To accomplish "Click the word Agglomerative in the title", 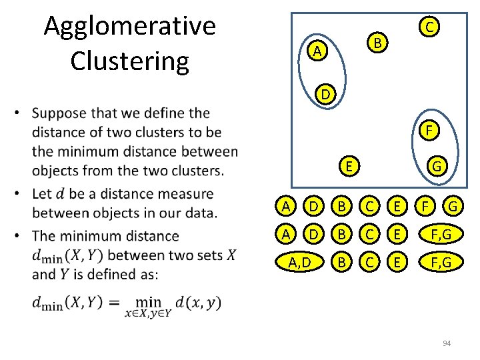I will click(x=129, y=27).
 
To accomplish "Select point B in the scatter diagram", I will click(x=378, y=44).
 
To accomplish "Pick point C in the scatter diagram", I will click(x=430, y=27).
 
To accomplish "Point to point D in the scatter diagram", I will click(x=324, y=95).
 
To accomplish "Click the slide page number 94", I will click(x=447, y=343).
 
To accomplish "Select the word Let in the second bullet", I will click(x=43, y=194).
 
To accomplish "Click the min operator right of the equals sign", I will click(x=147, y=302).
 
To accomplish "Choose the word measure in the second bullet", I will click(x=181, y=194).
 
